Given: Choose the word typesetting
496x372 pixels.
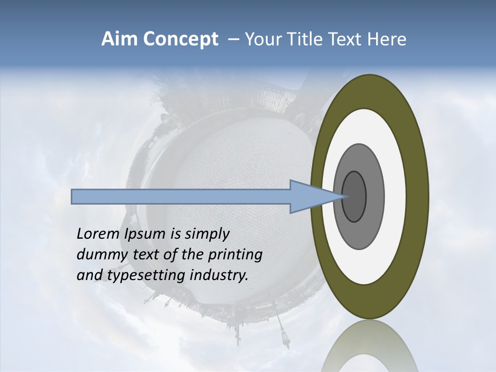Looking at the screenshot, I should click(147, 276).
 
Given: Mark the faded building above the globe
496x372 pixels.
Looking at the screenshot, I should click(276, 98).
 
